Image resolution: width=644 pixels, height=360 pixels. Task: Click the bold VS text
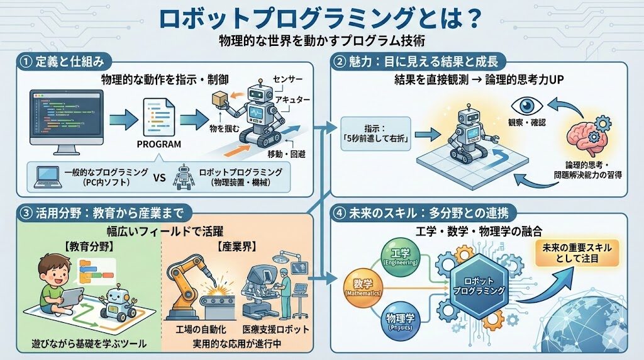tap(159, 177)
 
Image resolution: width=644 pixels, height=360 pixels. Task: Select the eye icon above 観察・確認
tap(527, 106)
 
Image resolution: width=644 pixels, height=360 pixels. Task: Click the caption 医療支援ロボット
tap(273, 329)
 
